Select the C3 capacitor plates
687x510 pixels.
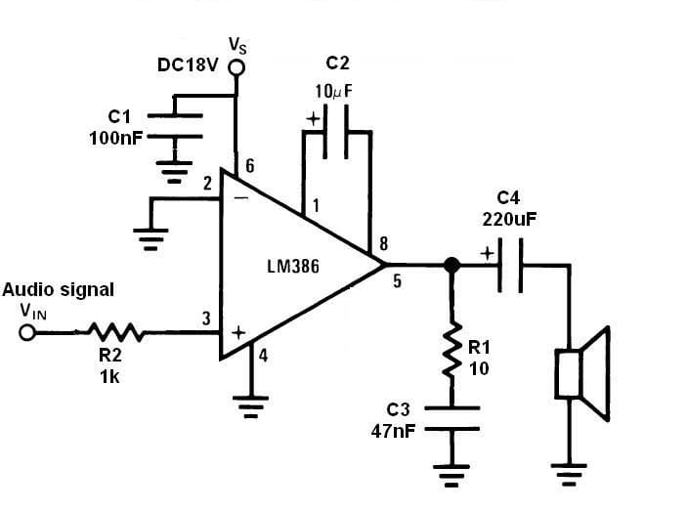point(452,418)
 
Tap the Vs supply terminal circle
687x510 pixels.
point(236,67)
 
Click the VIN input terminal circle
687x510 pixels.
point(27,332)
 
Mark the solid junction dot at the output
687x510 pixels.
point(451,265)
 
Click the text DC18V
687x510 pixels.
point(188,65)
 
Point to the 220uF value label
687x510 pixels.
point(509,220)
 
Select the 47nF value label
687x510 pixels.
point(394,430)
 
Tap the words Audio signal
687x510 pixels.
point(59,289)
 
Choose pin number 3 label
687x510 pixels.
point(206,318)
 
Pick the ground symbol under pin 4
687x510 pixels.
point(250,403)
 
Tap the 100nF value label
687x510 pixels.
point(115,137)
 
